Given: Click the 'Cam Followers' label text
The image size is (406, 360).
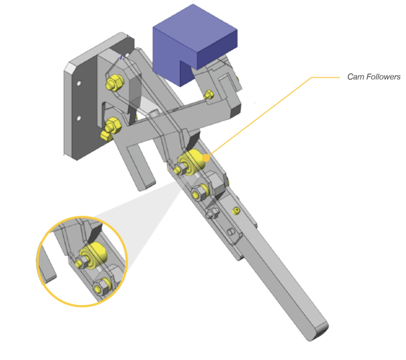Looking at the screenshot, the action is (373, 77).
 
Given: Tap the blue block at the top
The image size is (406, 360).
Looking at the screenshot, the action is (195, 44).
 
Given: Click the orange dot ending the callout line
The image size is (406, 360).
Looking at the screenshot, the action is (206, 158).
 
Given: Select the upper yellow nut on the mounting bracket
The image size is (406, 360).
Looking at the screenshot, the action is (115, 82).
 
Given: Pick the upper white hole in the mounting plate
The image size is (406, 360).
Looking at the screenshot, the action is (79, 83).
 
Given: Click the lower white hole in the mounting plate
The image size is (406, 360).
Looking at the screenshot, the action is (79, 119).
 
